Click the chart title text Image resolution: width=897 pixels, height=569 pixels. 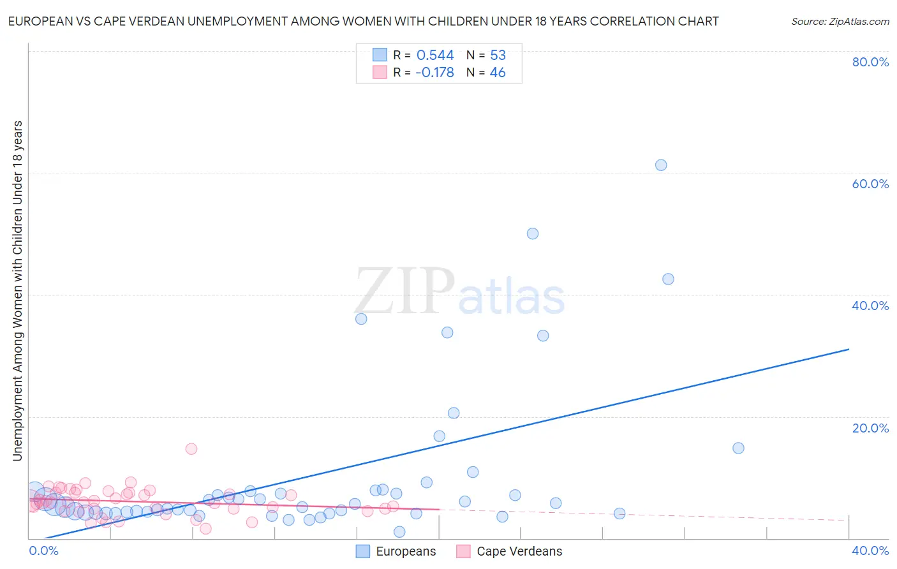pyautogui.click(x=363, y=21)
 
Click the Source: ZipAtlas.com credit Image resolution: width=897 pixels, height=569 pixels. pyautogui.click(x=840, y=21)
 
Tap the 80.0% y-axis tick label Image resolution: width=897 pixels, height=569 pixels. pyautogui.click(x=870, y=62)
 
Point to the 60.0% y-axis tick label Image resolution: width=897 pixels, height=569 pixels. pyautogui.click(x=870, y=184)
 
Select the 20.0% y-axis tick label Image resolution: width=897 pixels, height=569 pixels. pyautogui.click(x=870, y=428)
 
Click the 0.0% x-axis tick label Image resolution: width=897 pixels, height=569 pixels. pyautogui.click(x=44, y=551)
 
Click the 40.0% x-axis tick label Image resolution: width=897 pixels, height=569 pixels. pyautogui.click(x=870, y=551)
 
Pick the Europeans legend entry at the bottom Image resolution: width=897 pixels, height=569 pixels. pyautogui.click(x=396, y=551)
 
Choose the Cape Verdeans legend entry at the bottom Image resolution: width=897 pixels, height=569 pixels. pyautogui.click(x=510, y=551)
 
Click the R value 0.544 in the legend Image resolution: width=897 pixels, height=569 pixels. pyautogui.click(x=435, y=55)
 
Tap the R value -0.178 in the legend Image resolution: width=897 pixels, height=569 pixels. pyautogui.click(x=434, y=72)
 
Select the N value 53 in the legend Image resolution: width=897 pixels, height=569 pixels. pyautogui.click(x=498, y=55)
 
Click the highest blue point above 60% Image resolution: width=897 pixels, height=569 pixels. pyautogui.click(x=661, y=165)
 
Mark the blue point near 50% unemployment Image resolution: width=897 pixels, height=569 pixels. pyautogui.click(x=533, y=233)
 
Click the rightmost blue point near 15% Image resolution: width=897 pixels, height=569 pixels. pyautogui.click(x=738, y=448)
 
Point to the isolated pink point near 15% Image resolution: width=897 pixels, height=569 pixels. pyautogui.click(x=191, y=448)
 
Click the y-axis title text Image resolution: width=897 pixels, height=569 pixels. pyautogui.click(x=17, y=290)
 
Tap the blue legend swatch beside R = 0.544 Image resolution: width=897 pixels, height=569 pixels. pyautogui.click(x=380, y=55)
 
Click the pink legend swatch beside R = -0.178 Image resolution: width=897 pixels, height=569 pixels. pyautogui.click(x=380, y=72)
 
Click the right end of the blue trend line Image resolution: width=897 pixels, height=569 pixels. pyautogui.click(x=849, y=349)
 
